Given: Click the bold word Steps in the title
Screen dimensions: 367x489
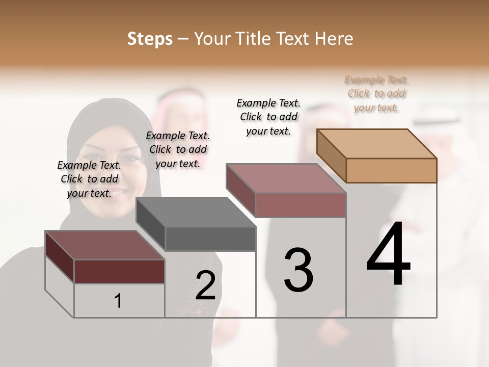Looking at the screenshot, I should click(x=150, y=39).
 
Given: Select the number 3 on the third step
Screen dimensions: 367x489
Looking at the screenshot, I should click(x=298, y=270).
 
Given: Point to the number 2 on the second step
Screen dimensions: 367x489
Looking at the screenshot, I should click(x=206, y=285).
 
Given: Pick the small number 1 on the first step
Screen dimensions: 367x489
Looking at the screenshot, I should click(x=118, y=301).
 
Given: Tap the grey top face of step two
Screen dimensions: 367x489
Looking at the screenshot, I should click(x=196, y=212).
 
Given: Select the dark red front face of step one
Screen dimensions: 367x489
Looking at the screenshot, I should click(x=119, y=271).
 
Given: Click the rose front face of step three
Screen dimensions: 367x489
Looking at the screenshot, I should click(x=301, y=205).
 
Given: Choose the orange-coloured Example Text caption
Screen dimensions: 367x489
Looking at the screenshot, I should click(x=376, y=93).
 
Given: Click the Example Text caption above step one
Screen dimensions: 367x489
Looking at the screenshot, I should click(x=89, y=179).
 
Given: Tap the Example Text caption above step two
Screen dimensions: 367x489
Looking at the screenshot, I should click(x=178, y=149).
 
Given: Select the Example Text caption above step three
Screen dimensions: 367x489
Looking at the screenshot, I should click(x=268, y=117).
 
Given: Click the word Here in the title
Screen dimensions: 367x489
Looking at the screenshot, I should click(x=334, y=39).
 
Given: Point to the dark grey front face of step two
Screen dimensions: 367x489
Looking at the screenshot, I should click(x=210, y=239).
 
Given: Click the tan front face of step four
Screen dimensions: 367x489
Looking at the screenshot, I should click(x=391, y=170).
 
